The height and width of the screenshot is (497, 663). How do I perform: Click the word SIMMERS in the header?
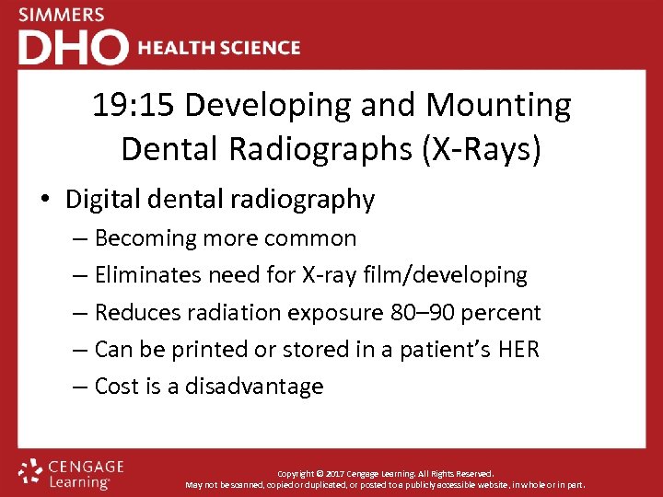(x=62, y=15)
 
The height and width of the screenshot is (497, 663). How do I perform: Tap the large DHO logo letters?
(x=73, y=47)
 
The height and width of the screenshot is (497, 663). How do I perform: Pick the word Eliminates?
(x=149, y=275)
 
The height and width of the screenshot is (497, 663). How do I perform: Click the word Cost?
(x=118, y=386)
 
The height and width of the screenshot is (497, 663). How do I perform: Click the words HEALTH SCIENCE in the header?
(x=219, y=48)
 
